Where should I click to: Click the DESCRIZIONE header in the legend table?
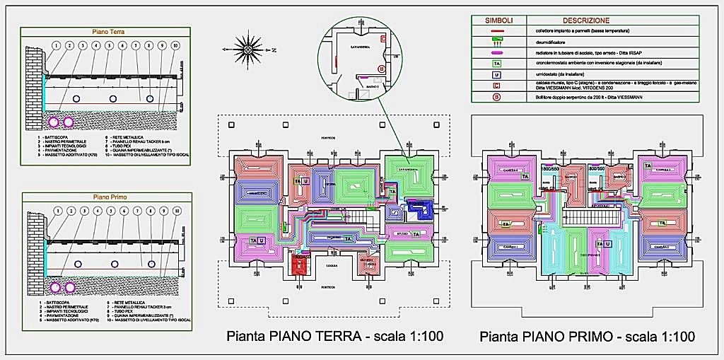[x=565, y=20]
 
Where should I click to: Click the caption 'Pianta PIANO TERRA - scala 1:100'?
[x=334, y=336]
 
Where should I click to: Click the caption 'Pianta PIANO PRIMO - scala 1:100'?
[x=586, y=336]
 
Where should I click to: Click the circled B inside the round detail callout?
[x=381, y=69]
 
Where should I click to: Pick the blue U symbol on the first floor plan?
[x=609, y=243]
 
